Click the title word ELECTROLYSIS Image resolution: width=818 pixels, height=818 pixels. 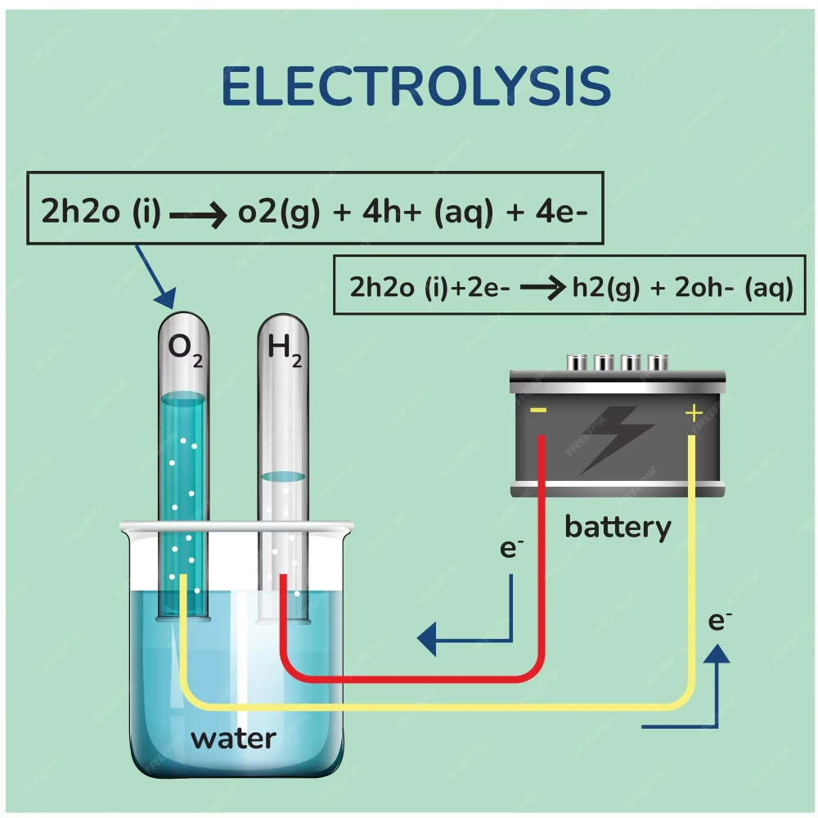click(416, 88)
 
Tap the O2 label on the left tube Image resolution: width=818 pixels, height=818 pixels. click(184, 350)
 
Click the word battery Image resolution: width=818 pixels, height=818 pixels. click(618, 528)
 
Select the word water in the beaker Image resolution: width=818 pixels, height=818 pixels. click(233, 739)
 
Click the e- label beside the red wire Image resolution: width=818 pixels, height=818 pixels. click(511, 548)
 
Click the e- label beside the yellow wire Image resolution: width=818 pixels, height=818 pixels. click(719, 621)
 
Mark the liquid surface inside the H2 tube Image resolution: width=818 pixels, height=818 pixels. click(283, 476)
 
